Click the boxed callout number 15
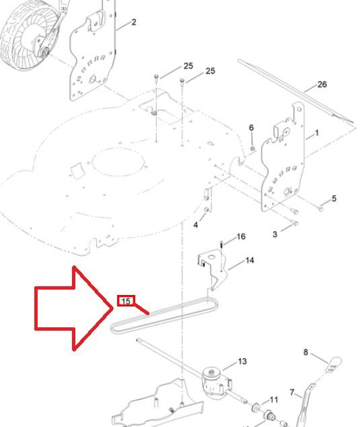pyautogui.click(x=126, y=301)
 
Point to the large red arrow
pyautogui.click(x=73, y=308)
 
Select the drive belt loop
pyautogui.click(x=165, y=315)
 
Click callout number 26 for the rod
pyautogui.click(x=322, y=84)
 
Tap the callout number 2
pyautogui.click(x=134, y=22)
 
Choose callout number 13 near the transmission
pyautogui.click(x=242, y=362)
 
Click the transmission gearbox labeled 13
pyautogui.click(x=216, y=381)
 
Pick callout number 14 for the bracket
pyautogui.click(x=250, y=261)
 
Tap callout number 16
pyautogui.click(x=241, y=236)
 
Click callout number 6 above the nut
pyautogui.click(x=251, y=127)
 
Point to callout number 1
pyautogui.click(x=317, y=133)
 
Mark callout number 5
pyautogui.click(x=334, y=198)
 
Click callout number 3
pyautogui.click(x=275, y=234)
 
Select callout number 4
pyautogui.click(x=195, y=225)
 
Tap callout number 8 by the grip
pyautogui.click(x=305, y=352)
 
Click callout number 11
pyautogui.click(x=274, y=399)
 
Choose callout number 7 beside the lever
pyautogui.click(x=292, y=393)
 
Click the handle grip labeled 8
pyautogui.click(x=334, y=364)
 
